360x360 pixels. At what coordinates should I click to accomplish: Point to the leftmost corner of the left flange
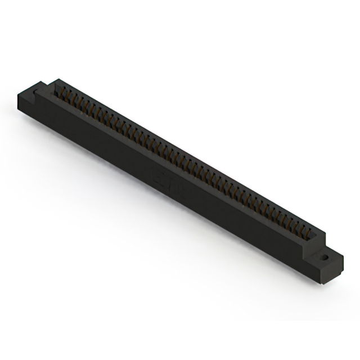tap(18, 97)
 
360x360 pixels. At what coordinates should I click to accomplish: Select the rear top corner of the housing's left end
tap(56, 80)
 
